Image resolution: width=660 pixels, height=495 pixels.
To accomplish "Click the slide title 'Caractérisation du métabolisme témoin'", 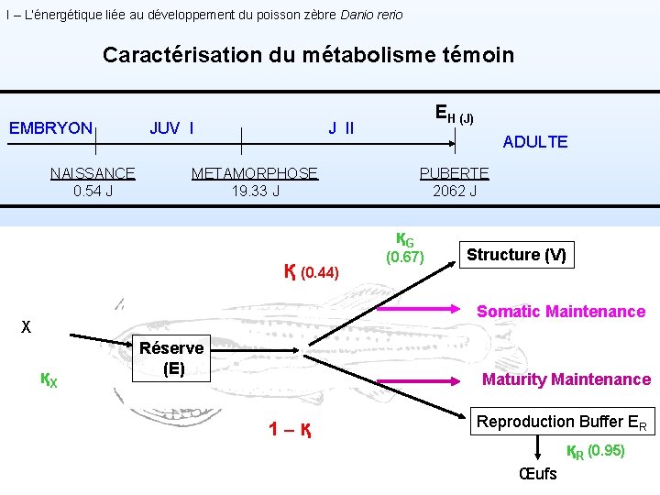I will pos(308,55).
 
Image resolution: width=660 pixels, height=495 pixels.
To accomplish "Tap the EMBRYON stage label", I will pos(50,128).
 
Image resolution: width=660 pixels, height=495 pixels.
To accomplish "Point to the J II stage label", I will pos(342,128).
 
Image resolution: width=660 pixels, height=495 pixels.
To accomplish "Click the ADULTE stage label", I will pos(535,142).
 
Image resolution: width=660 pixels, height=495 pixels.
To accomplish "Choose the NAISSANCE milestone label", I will pos(93,173).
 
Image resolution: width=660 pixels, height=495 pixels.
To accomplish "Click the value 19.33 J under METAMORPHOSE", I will pos(256,192).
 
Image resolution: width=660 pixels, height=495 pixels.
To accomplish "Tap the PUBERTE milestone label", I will pos(454,173).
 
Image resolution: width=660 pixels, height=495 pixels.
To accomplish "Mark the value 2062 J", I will pos(455,192).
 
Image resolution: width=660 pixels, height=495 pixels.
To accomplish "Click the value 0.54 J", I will pos(93,192).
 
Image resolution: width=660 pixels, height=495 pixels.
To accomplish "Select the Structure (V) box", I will pos(517,255).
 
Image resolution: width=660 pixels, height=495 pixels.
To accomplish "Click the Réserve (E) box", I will pos(171,358).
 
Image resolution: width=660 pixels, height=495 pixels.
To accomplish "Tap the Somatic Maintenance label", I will pos(560,312).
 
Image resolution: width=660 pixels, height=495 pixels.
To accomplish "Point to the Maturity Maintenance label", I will pos(566,379).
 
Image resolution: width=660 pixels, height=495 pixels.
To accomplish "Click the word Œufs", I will pos(537,474).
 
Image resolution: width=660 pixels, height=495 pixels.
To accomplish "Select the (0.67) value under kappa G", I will pos(404,258).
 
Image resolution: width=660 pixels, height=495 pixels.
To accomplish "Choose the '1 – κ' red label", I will pos(291,428).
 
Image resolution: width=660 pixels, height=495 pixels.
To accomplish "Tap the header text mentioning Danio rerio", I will pos(203,15).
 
